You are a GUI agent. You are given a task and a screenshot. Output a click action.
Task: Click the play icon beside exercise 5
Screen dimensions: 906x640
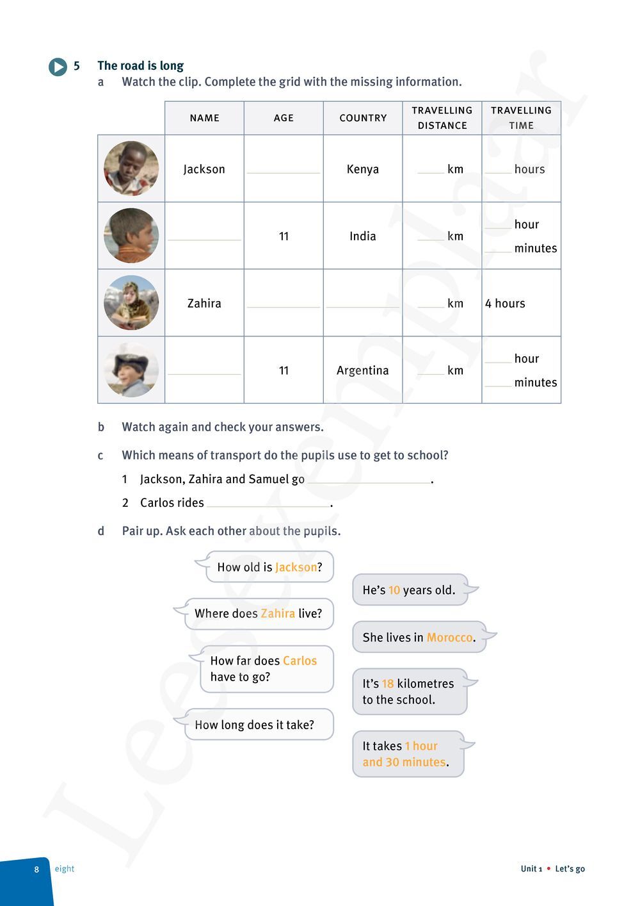[58, 67]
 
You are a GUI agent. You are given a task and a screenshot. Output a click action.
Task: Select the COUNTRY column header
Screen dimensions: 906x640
[363, 118]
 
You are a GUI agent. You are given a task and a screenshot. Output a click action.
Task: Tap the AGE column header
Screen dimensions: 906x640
[284, 118]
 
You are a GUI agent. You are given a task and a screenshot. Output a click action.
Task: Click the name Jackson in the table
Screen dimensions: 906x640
[204, 169]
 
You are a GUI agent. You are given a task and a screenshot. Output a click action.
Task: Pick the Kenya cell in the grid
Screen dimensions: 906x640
[363, 169]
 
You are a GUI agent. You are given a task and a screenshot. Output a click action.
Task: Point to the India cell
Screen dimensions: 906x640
[363, 236]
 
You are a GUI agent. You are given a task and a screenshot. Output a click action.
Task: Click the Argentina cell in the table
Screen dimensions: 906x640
[363, 370]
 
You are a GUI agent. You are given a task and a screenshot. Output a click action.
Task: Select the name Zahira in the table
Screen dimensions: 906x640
[204, 303]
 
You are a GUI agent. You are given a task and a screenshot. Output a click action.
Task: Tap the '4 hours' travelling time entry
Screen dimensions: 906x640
[505, 303]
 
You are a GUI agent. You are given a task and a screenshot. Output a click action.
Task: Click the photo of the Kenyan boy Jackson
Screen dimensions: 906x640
[131, 169]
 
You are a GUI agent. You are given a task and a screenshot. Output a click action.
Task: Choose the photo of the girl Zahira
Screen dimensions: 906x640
[131, 302]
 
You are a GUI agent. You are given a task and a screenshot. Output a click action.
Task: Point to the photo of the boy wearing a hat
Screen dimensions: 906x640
[131, 370]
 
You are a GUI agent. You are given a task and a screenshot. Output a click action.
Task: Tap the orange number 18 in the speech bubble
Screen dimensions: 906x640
[388, 684]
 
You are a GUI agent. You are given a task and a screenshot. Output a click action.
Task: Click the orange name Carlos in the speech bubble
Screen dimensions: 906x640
[300, 661]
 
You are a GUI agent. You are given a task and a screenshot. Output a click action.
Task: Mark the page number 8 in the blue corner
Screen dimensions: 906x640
[36, 869]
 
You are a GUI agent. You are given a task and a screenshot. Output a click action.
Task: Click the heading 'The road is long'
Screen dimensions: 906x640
[140, 65]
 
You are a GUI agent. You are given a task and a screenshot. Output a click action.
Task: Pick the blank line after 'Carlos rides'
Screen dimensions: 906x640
[268, 504]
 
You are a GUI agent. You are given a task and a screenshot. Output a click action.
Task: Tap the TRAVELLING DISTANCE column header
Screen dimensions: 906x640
[442, 118]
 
